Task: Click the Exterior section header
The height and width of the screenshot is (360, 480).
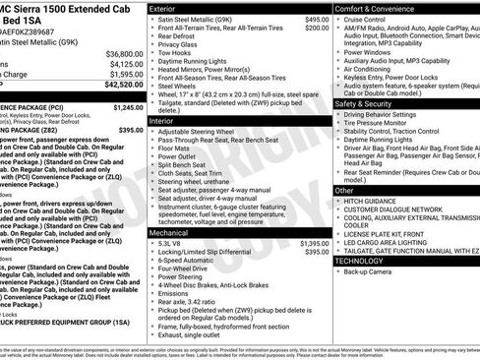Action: point(163,8)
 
